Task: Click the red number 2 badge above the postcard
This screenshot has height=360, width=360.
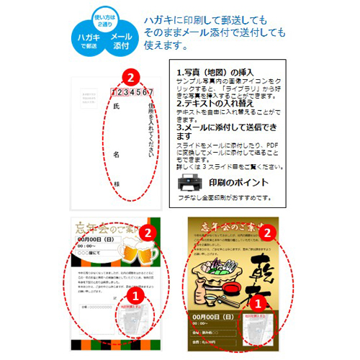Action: [128, 76]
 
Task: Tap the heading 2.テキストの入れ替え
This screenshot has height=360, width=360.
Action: [215, 104]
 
